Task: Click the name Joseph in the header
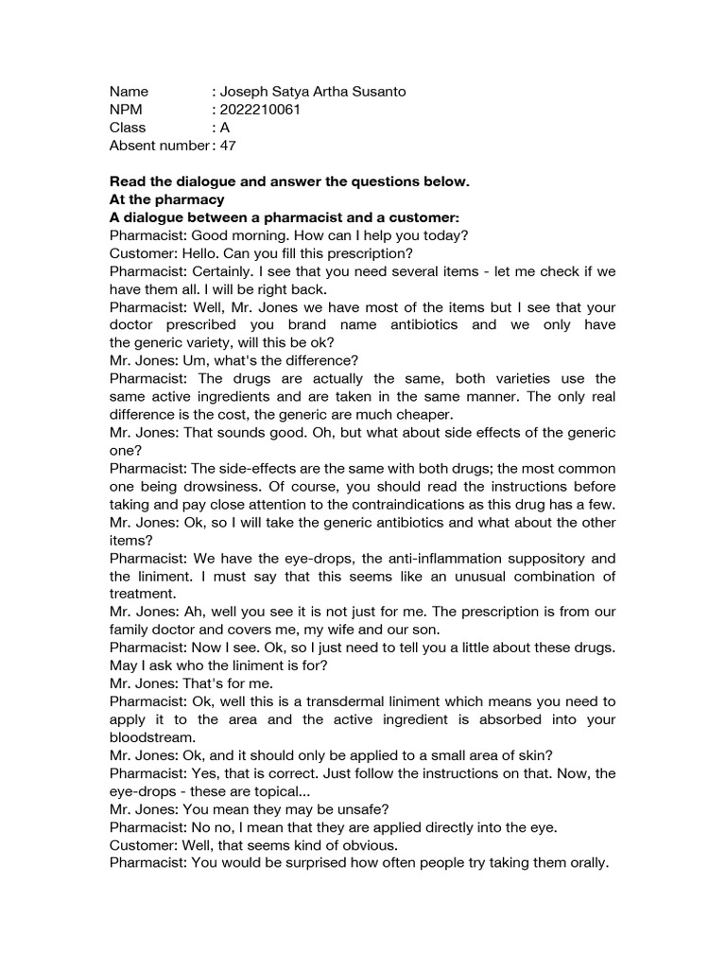pyautogui.click(x=246, y=92)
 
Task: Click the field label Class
pyautogui.click(x=128, y=128)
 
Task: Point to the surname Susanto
pyautogui.click(x=377, y=92)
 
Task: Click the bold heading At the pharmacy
pyautogui.click(x=167, y=199)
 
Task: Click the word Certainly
pyautogui.click(x=216, y=271)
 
